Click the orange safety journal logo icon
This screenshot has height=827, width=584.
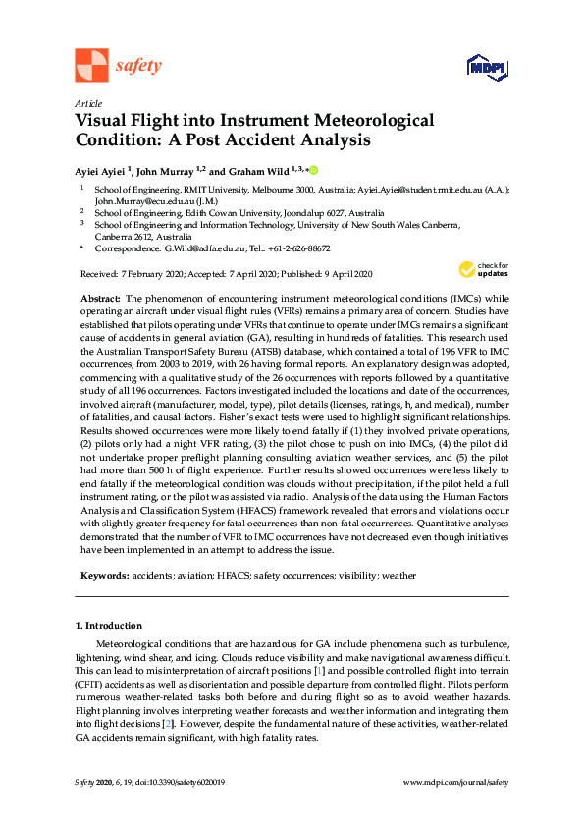(91, 65)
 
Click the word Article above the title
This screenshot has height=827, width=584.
(87, 103)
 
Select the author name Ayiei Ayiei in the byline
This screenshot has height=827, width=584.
(101, 170)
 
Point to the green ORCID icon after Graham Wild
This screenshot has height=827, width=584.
(315, 170)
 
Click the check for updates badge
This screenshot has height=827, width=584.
(484, 269)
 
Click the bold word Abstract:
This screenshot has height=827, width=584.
(100, 296)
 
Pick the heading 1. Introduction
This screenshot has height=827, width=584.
(109, 626)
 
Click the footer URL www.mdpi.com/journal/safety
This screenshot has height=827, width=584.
(456, 782)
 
